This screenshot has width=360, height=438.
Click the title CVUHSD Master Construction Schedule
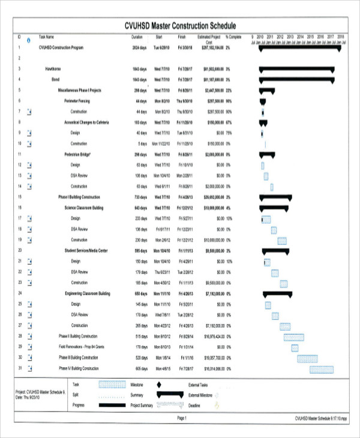pos(180,26)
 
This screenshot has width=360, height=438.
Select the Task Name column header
pos(47,37)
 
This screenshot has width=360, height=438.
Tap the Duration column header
pos(137,37)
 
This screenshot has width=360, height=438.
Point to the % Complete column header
pos(233,37)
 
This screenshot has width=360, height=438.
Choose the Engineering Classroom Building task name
pos(88,293)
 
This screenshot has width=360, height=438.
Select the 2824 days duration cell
pos(139,47)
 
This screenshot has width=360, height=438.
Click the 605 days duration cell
pos(141,368)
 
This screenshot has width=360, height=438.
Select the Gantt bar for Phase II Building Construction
pos(293,337)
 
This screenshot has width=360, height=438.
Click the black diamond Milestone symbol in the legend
pos(159,384)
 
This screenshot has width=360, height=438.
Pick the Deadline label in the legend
pos(194,405)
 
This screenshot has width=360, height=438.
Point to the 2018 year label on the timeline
pos(340,37)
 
